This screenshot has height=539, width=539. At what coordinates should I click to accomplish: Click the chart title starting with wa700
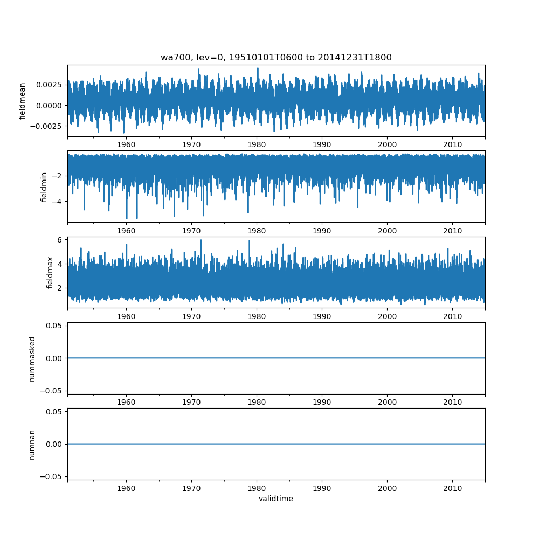pos(276,57)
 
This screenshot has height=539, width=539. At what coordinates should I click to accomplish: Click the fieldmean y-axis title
pos(22,101)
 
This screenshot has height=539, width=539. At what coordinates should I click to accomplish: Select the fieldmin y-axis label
pos(44,187)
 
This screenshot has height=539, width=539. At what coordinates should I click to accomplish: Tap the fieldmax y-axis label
pos(50,273)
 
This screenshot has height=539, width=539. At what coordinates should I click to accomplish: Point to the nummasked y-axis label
pos(32,359)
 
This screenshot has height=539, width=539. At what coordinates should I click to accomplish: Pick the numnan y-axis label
pos(32,445)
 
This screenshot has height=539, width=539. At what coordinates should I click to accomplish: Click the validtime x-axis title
pos(276,499)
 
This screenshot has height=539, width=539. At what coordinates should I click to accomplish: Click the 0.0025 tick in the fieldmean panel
pos(49,85)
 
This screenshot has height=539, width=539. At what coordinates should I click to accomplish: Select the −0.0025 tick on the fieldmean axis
pos(46,126)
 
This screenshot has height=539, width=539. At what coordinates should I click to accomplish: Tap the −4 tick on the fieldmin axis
pos(57,202)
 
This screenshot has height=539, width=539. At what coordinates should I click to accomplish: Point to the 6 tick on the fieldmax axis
pos(60,240)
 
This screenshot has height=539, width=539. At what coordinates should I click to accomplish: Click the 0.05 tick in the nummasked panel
pos(54,326)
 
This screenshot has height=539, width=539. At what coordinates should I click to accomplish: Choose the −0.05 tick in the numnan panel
pos(51,476)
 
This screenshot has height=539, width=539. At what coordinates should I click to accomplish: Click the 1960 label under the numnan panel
pos(126,488)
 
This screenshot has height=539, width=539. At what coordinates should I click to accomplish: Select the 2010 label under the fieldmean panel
pos(452,144)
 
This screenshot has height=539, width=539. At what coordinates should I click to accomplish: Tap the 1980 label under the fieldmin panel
pos(257,231)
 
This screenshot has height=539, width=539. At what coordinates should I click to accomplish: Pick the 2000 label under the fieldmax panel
pos(388,316)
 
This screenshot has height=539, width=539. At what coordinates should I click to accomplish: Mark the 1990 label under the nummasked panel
pos(322,402)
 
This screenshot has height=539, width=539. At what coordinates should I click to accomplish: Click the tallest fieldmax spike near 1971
pos(201,240)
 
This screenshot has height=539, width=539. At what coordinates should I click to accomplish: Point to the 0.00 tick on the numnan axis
pos(54,444)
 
